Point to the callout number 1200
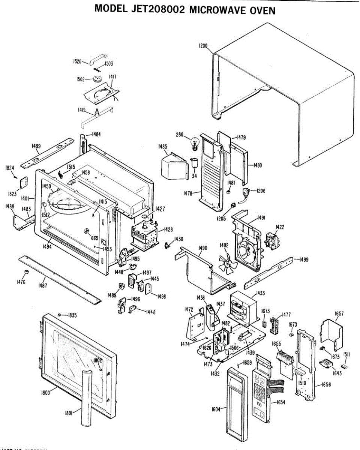click(x=203, y=46)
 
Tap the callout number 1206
click(x=261, y=190)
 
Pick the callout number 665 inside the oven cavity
click(x=94, y=238)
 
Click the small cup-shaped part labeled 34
click(x=195, y=163)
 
